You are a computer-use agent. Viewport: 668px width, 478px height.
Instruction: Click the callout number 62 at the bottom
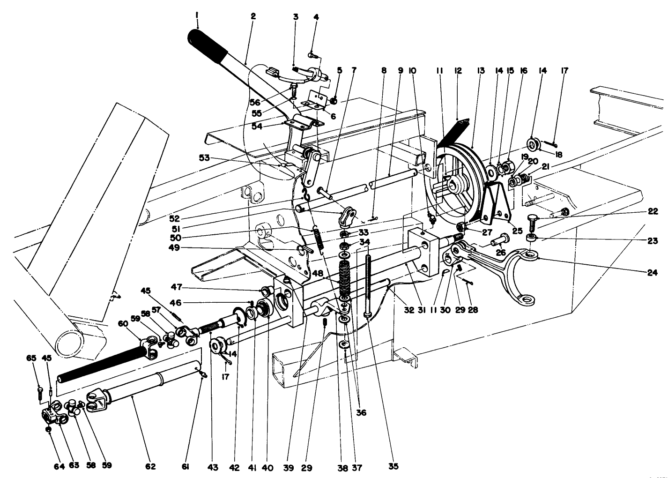(150, 467)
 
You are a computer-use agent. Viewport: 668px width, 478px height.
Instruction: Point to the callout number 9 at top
(401, 71)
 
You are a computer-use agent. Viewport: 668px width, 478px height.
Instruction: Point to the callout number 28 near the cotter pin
(473, 310)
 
